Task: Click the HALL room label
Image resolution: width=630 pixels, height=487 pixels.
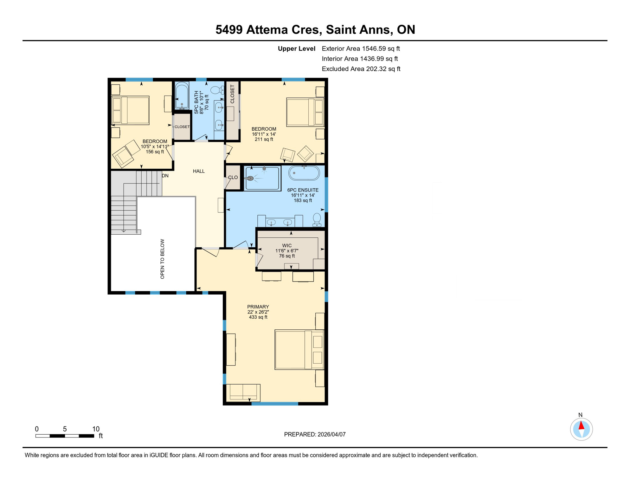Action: point(199,171)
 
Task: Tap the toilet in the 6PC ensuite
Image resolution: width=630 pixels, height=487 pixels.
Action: point(317,220)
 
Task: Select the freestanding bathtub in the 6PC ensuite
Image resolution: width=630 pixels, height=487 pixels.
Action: point(304,173)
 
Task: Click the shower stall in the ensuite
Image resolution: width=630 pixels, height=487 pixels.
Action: point(263,179)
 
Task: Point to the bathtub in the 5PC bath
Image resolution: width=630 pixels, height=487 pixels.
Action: point(182,95)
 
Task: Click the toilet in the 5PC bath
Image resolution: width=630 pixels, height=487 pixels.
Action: point(217,90)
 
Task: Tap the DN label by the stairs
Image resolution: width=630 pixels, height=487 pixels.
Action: point(165,176)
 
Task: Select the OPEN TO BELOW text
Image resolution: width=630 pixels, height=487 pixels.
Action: point(162,259)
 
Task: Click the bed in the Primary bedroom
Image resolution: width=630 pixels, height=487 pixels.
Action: point(299,350)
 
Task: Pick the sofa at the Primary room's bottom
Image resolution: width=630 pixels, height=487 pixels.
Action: point(243,393)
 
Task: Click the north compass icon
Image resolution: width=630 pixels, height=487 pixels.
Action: point(581,429)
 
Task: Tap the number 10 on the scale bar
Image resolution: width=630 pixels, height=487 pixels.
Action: point(96,429)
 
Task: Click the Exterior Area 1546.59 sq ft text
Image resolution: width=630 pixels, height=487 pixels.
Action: point(361,49)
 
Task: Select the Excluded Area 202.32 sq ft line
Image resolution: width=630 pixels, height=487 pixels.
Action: point(361,69)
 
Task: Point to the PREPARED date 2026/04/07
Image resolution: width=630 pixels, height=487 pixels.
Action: point(315,434)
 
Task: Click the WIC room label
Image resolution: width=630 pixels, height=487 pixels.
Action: point(287,246)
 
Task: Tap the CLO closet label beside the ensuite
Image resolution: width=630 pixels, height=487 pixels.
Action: point(233,178)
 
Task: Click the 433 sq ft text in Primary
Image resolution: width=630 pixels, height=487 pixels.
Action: point(258,317)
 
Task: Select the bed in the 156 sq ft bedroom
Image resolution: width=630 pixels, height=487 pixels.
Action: point(131,110)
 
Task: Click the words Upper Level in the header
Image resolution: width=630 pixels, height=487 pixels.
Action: point(296,49)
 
